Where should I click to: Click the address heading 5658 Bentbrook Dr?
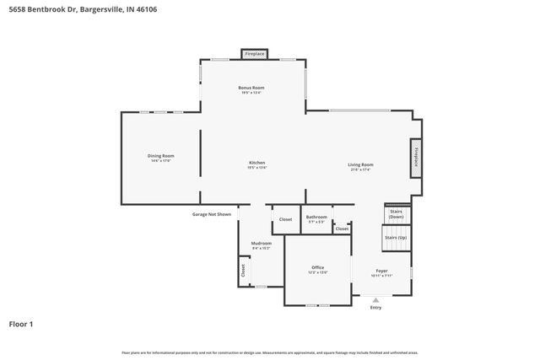82,9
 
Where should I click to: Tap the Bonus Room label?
252,88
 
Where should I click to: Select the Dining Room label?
160,155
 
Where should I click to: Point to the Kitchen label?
256,162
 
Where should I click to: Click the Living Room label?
360,164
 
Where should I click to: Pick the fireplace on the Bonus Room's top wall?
254,54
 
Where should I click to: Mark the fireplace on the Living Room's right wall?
415,157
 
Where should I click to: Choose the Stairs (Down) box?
397,214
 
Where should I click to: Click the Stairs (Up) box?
396,238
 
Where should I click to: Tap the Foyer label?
382,271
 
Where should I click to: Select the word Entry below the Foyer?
375,308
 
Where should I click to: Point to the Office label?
317,267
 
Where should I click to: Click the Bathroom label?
316,217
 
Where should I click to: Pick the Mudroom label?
262,243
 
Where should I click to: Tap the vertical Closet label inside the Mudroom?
243,271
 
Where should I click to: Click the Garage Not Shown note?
211,214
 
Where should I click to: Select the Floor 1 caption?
21,323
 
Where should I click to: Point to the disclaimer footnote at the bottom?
270,352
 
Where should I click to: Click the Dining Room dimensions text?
160,160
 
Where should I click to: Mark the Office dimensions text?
317,272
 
